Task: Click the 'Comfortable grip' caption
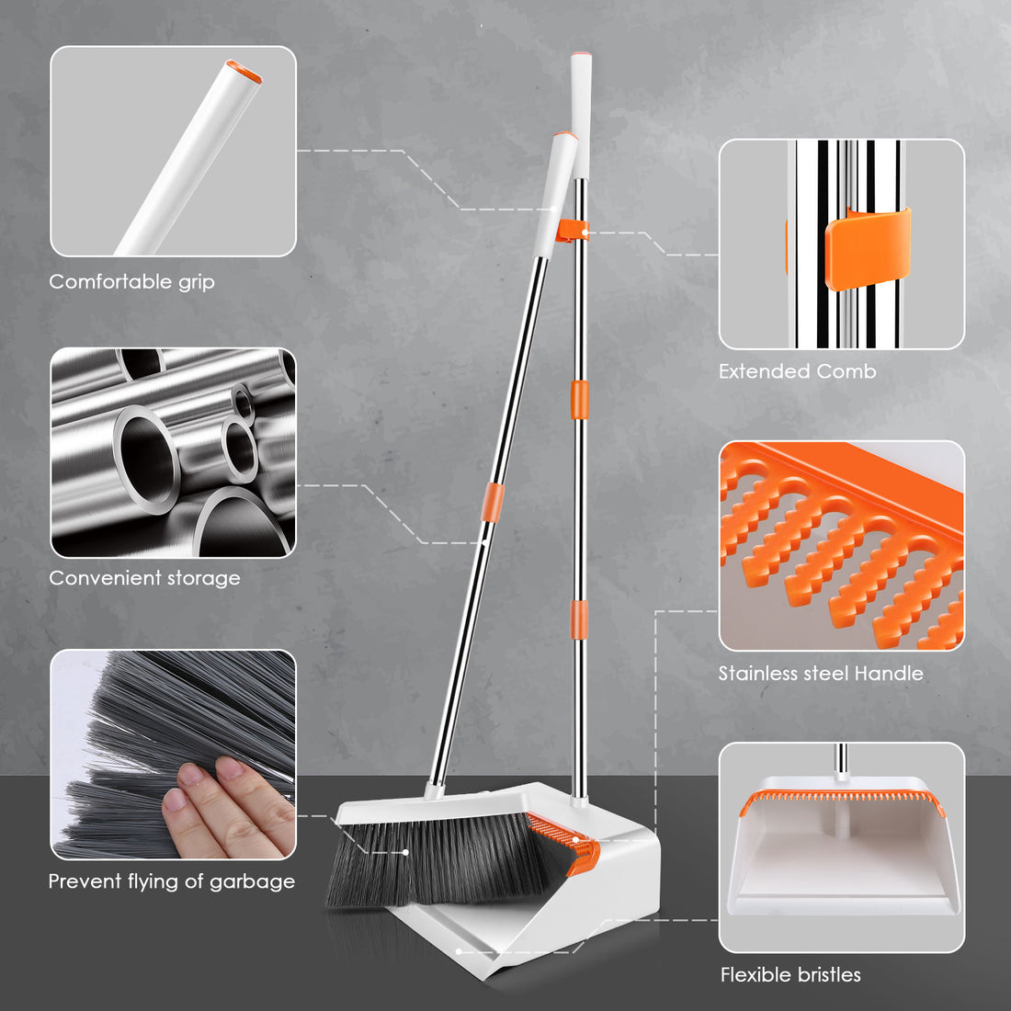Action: point(131,282)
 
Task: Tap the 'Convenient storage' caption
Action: point(144,578)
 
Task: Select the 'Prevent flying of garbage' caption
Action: point(172,881)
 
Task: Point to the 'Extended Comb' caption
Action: point(798,371)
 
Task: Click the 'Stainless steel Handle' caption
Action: point(821,674)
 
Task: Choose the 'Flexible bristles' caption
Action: point(790,974)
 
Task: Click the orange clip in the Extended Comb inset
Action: point(868,248)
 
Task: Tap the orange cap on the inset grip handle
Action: point(244,72)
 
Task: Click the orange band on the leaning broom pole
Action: point(493,502)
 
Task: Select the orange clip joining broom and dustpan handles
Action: point(572,231)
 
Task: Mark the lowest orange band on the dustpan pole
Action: point(579,619)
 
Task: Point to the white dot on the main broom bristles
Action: point(405,852)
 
